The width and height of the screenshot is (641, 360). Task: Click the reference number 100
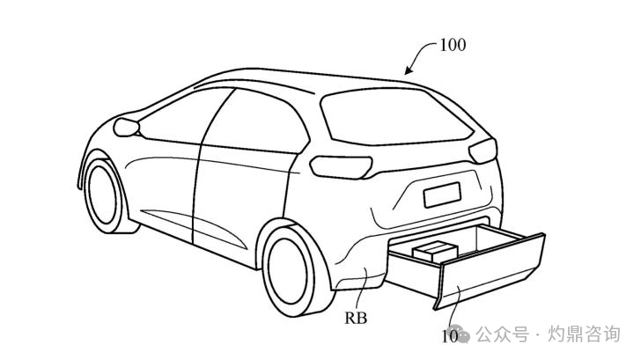pos(452,45)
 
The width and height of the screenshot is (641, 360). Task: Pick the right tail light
pos(483,151)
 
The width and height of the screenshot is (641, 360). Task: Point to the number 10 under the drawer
pos(449,334)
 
